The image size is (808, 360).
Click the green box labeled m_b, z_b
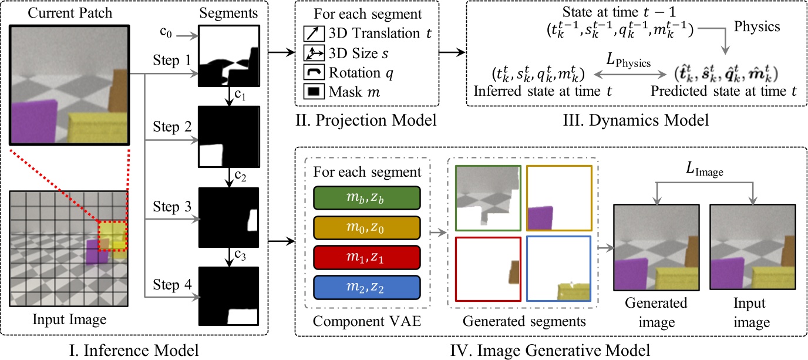pos(367,198)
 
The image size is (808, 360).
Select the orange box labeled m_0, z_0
pos(367,228)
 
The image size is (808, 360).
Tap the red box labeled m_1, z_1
pos(367,258)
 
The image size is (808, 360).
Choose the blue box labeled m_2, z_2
pos(367,288)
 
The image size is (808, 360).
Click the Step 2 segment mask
pos(229,137)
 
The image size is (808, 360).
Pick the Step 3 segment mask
pos(229,217)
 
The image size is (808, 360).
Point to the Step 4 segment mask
pos(229,296)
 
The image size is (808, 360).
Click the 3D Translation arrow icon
pos(314,33)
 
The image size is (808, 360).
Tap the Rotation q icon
pos(314,72)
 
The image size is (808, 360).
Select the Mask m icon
pos(314,92)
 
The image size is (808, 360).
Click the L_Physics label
pos(628,60)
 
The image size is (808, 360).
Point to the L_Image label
pos(705,169)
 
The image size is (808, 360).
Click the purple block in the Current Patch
pos(33,122)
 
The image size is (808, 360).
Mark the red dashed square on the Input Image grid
pos(112,236)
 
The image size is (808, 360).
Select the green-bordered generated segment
pos(488,198)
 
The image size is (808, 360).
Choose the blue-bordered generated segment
pos(559,269)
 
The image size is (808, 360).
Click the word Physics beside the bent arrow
pos(757,26)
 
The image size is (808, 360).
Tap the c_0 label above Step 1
pos(166,32)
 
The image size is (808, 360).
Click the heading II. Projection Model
pos(366,120)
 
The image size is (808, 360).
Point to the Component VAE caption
pos(367,321)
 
